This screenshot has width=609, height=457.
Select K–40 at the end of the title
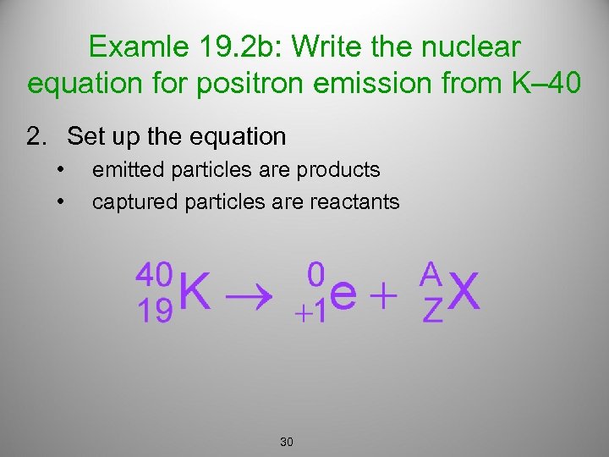542,84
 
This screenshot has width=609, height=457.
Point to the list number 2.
36,135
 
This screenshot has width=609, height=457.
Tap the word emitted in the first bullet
128,170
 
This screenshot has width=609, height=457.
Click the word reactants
354,201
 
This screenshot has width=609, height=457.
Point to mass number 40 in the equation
155,274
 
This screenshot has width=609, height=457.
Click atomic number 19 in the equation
154,311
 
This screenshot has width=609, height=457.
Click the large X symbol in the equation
464,294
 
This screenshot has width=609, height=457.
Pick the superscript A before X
431,273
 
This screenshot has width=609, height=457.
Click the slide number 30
286,442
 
